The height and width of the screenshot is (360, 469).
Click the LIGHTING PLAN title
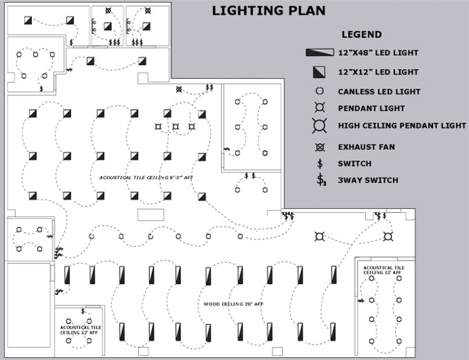point(268,10)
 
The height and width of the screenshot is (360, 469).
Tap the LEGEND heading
point(361,35)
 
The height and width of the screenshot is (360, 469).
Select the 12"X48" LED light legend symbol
point(320,53)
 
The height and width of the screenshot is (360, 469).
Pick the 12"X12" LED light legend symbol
point(319,72)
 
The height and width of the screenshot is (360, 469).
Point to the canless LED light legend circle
point(319,91)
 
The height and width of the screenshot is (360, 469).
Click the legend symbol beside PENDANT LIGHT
point(319,108)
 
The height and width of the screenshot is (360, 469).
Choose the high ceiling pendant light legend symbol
point(319,126)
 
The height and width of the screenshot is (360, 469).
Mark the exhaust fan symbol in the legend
point(319,147)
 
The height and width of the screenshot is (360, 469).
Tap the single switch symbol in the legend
point(319,164)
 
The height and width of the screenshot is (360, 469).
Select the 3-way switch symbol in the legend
point(320,180)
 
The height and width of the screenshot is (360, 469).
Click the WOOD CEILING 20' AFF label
point(233,304)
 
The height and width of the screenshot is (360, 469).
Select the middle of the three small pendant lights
point(175,126)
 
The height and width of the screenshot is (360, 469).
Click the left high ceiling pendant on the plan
point(319,236)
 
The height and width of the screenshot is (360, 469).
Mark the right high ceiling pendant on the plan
point(388,236)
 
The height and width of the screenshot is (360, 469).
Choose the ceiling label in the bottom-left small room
point(80,330)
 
